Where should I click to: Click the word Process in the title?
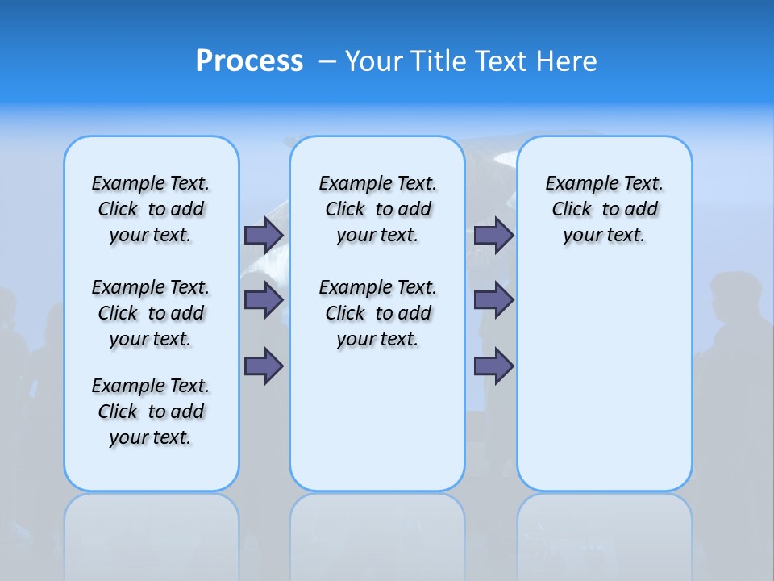pyautogui.click(x=249, y=61)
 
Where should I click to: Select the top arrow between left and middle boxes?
pyautogui.click(x=264, y=235)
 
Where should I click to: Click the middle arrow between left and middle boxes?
pyautogui.click(x=264, y=300)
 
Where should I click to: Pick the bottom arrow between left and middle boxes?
pyautogui.click(x=264, y=366)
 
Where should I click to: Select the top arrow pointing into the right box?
pyautogui.click(x=493, y=235)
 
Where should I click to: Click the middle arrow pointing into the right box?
pyautogui.click(x=493, y=300)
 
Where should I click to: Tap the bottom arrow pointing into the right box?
pyautogui.click(x=493, y=366)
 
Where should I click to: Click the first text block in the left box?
pyautogui.click(x=151, y=209)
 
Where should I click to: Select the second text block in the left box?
pyautogui.click(x=151, y=313)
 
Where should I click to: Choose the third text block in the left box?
pyautogui.click(x=151, y=412)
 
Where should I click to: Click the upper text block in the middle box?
pyautogui.click(x=377, y=209)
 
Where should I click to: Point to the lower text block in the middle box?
pyautogui.click(x=377, y=313)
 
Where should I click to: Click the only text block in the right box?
pyautogui.click(x=604, y=209)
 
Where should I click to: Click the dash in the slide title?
pyautogui.click(x=327, y=61)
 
